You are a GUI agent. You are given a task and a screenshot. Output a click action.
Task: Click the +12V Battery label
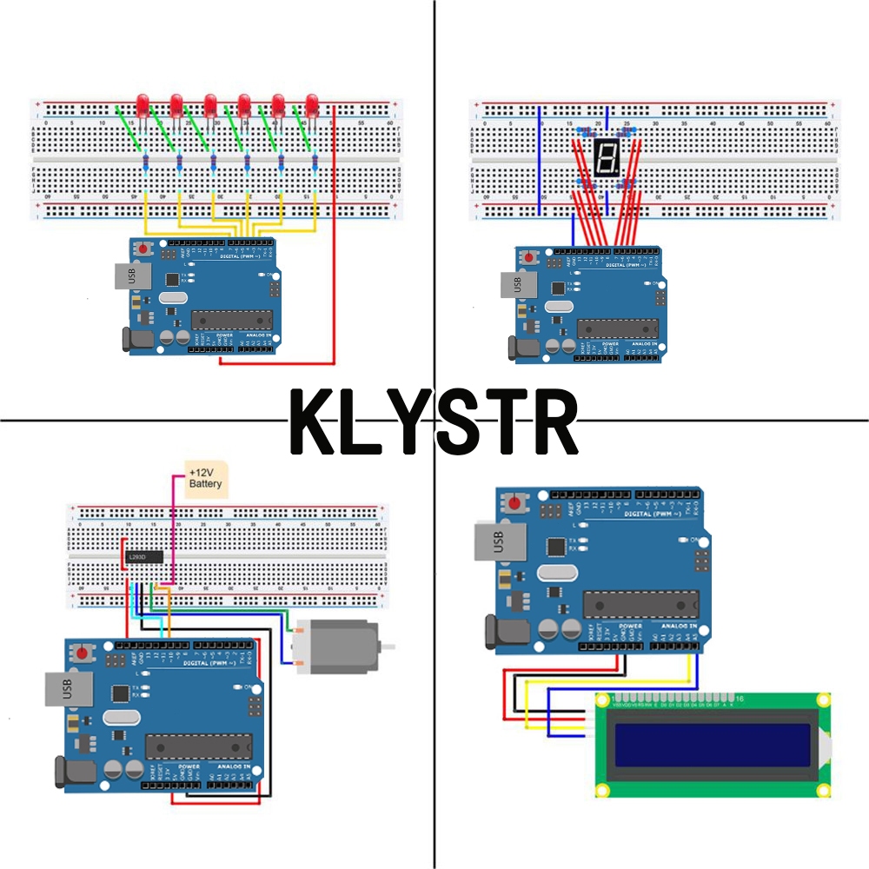click(x=206, y=478)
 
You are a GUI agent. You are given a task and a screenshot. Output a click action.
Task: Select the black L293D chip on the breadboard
click(x=143, y=556)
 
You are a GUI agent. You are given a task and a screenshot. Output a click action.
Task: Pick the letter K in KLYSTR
click(x=317, y=423)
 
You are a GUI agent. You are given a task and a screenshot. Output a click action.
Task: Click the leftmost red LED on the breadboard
click(x=143, y=106)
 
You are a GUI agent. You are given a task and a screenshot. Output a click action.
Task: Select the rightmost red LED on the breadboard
click(x=311, y=106)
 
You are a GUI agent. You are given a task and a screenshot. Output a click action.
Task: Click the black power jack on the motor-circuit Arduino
click(x=70, y=773)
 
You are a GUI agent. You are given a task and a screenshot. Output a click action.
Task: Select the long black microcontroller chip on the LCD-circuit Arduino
click(x=640, y=605)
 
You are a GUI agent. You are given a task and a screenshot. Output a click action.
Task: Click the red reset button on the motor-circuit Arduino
click(x=83, y=653)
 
